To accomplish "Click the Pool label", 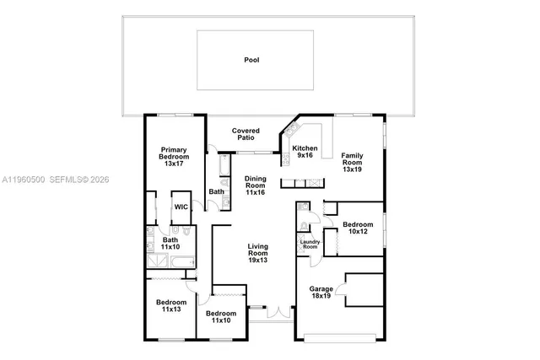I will pyautogui.click(x=251, y=60).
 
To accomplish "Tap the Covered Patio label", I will pyautogui.click(x=246, y=134).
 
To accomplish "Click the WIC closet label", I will pyautogui.click(x=181, y=207).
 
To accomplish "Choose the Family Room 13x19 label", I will pyautogui.click(x=352, y=163).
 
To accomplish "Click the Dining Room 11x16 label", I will pyautogui.click(x=256, y=185).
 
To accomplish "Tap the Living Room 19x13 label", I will pyautogui.click(x=257, y=253).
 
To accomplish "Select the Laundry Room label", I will pyautogui.click(x=310, y=244).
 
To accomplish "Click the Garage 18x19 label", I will pyautogui.click(x=321, y=293).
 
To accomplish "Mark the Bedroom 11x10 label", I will pyautogui.click(x=220, y=318).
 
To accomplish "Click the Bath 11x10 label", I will pyautogui.click(x=170, y=244).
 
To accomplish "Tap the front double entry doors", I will pyautogui.click(x=278, y=312).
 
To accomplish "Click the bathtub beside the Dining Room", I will pyautogui.click(x=224, y=169).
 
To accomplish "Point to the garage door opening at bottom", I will pyautogui.click(x=342, y=339).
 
